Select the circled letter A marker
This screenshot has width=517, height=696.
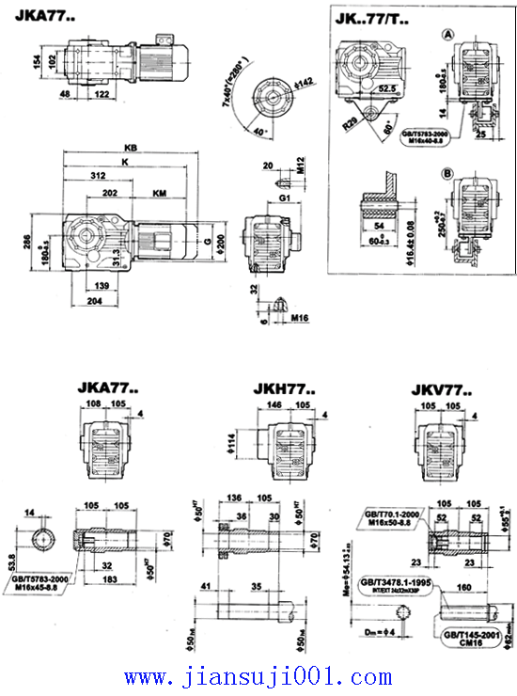click(449, 34)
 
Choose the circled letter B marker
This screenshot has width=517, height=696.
click(449, 174)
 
